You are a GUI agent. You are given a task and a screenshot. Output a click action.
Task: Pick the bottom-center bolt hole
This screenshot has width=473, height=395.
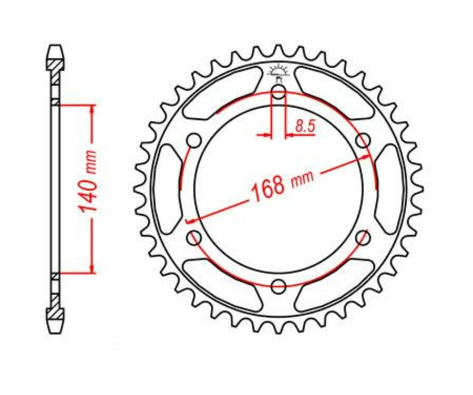(x=279, y=286)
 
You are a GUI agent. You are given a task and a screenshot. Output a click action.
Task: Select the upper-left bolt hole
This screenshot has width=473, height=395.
(x=194, y=141)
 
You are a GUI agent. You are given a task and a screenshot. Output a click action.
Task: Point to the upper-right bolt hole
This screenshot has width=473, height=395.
(x=363, y=141)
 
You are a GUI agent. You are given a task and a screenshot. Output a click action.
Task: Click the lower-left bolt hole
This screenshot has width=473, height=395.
(x=194, y=237)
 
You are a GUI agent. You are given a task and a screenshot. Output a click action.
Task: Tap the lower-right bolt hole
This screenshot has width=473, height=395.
(x=363, y=237)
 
